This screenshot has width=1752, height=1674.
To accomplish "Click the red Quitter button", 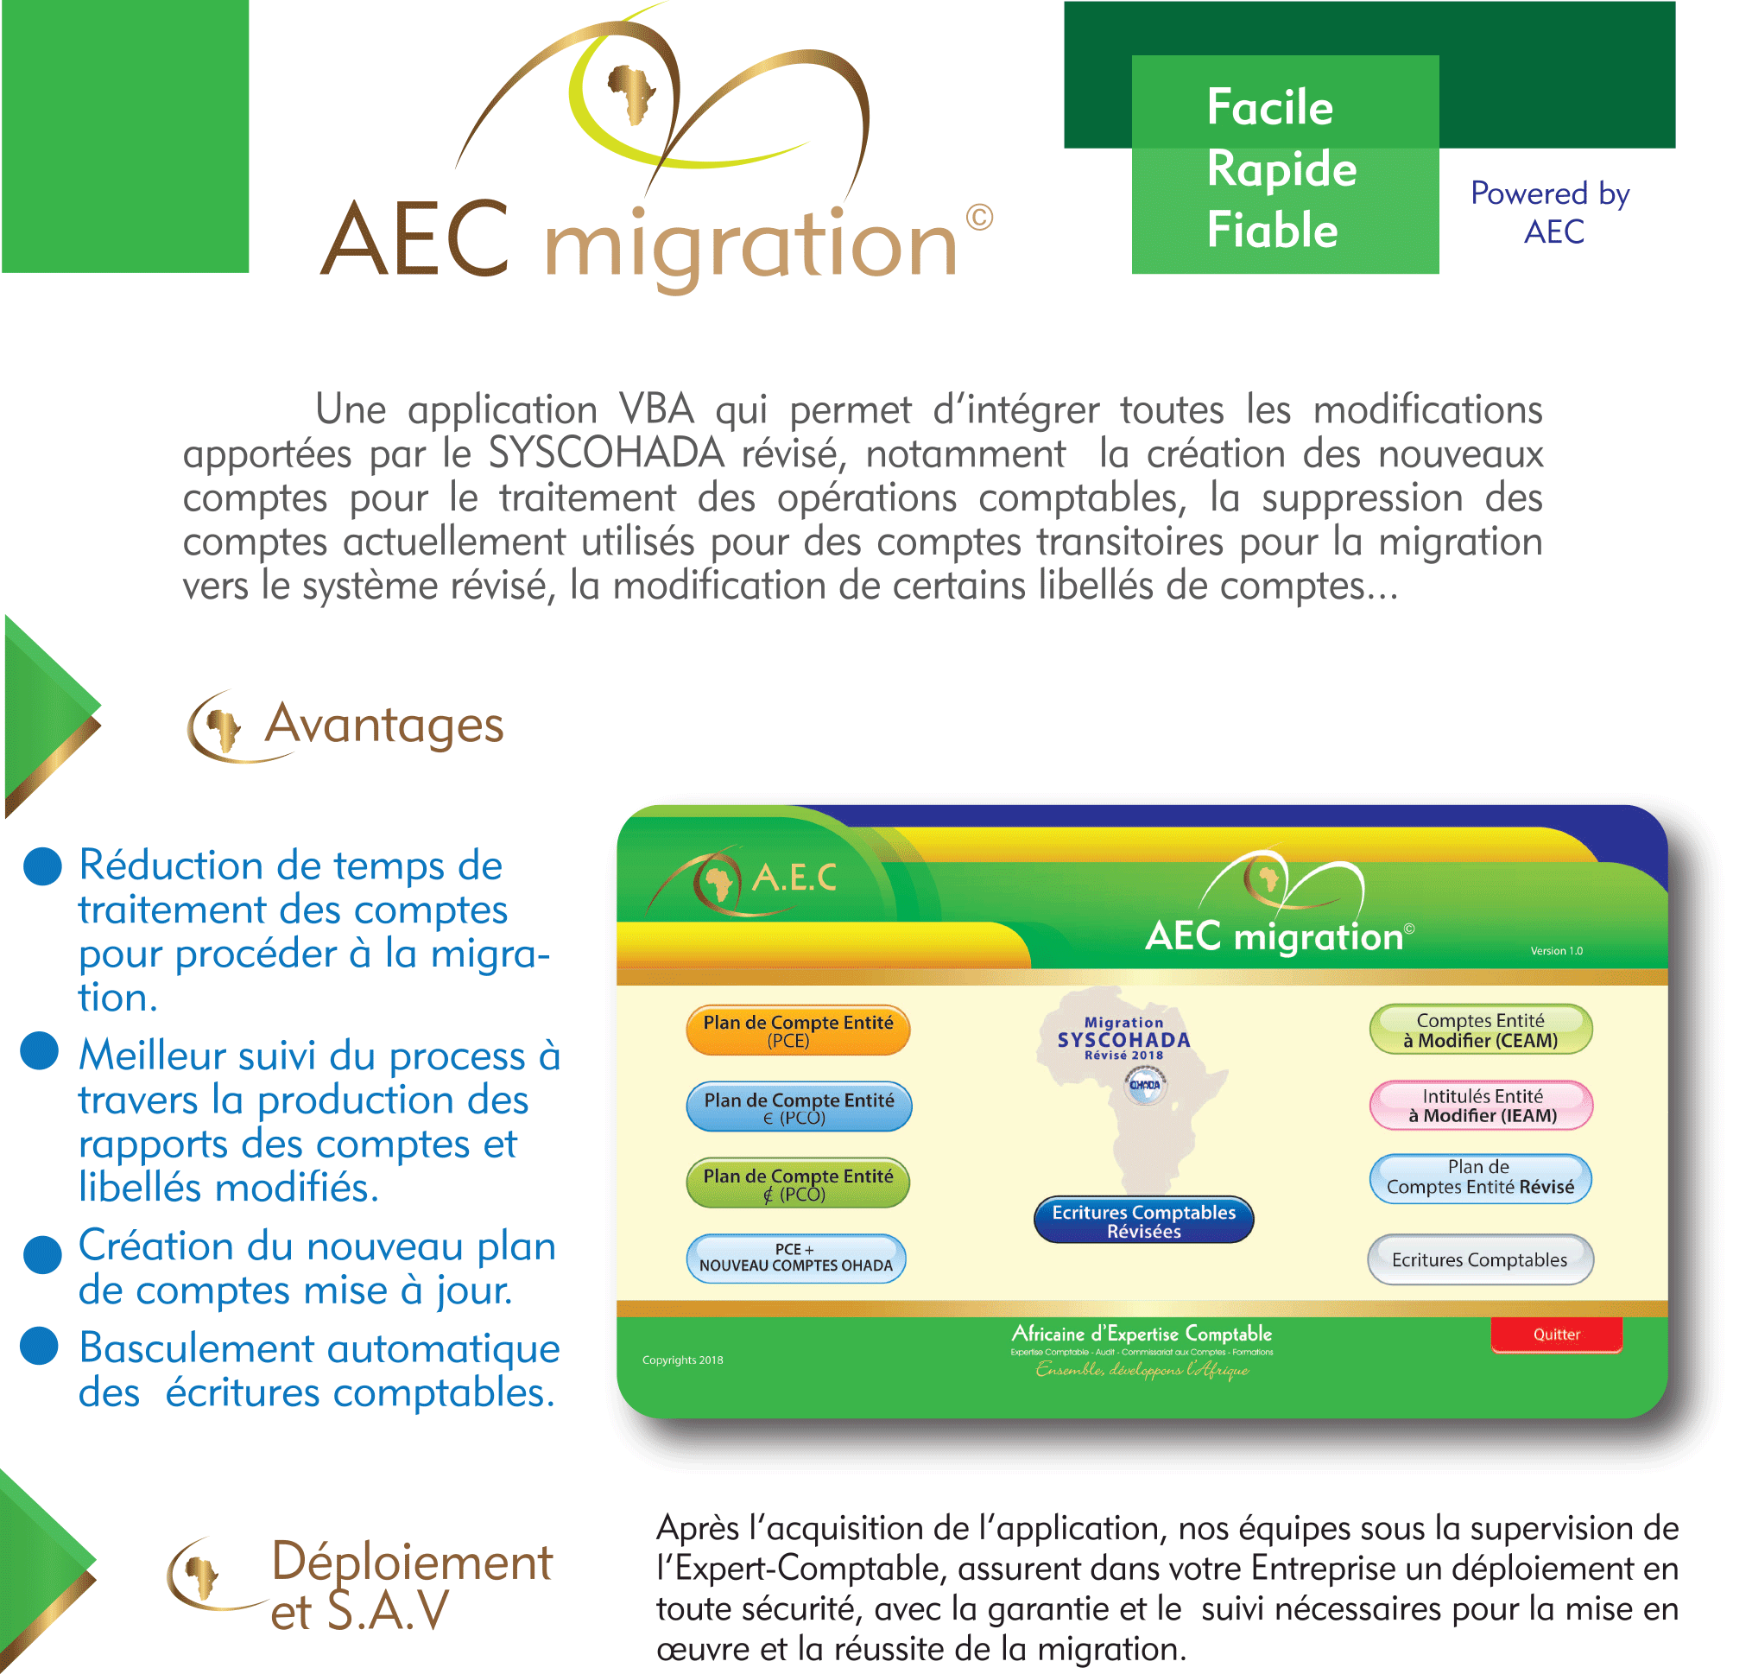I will [1555, 1334].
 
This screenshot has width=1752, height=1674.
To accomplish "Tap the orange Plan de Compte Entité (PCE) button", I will [798, 1030].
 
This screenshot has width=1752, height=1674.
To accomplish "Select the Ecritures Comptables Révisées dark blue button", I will [1142, 1220].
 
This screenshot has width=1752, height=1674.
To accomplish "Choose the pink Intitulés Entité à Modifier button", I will [1480, 1105].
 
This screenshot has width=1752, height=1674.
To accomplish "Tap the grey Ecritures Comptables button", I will [1479, 1259].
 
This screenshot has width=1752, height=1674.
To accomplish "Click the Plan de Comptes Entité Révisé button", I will [1479, 1177].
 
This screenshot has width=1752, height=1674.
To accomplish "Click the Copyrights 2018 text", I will [682, 1360].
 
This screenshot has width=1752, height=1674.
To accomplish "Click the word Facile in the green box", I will [1268, 108].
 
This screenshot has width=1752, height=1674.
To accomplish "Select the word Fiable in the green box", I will [1271, 231].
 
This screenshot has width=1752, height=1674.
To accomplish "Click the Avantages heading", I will [383, 725].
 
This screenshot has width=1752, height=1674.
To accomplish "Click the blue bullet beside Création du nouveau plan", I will [42, 1253].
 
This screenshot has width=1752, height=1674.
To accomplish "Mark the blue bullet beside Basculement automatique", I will [40, 1346].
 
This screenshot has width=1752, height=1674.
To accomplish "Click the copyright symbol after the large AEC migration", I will [978, 218].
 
